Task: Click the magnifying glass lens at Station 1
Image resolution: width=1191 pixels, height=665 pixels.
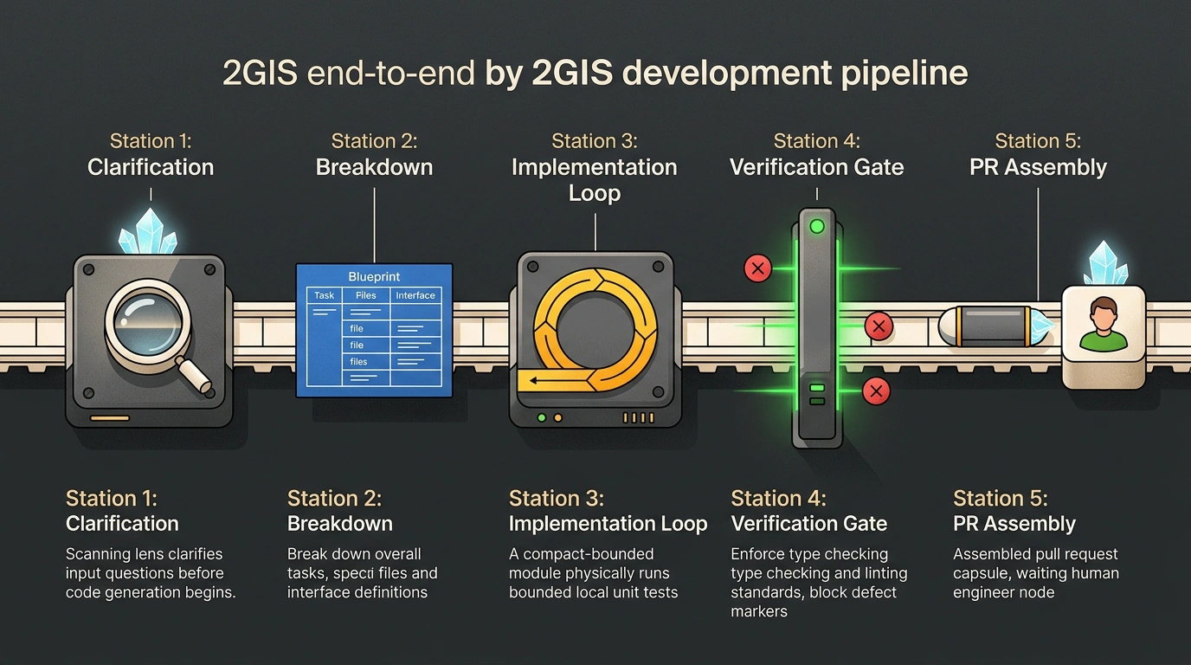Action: coord(147,322)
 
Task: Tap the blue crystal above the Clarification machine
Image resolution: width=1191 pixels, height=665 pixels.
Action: coord(148,231)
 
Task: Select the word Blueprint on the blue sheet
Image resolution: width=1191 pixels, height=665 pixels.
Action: coord(374,276)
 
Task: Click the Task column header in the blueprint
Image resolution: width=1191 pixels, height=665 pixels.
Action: coord(324,295)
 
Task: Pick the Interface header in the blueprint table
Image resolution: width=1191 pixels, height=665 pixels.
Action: coord(415,295)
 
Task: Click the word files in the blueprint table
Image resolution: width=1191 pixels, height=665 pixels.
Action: coord(358,362)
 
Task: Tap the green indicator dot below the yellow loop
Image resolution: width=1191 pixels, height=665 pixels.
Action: coord(541,417)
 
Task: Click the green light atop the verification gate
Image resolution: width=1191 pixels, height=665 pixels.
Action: coord(817,227)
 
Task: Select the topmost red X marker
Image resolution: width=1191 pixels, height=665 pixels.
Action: coord(757,268)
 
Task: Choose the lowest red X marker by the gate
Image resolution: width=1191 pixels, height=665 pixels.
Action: coord(876,391)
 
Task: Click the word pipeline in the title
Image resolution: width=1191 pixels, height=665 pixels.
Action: coord(905,74)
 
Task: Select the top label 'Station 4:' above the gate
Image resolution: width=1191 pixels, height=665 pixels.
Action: coord(817,141)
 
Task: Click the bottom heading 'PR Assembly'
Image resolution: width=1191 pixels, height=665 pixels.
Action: coord(1014,524)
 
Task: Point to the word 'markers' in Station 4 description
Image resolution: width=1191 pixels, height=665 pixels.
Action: coord(759,611)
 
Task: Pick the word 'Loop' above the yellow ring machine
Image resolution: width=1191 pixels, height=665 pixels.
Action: coord(595,193)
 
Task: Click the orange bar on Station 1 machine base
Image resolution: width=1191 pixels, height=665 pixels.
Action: coord(110,418)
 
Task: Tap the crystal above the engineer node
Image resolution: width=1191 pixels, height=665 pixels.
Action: coord(1105,263)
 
